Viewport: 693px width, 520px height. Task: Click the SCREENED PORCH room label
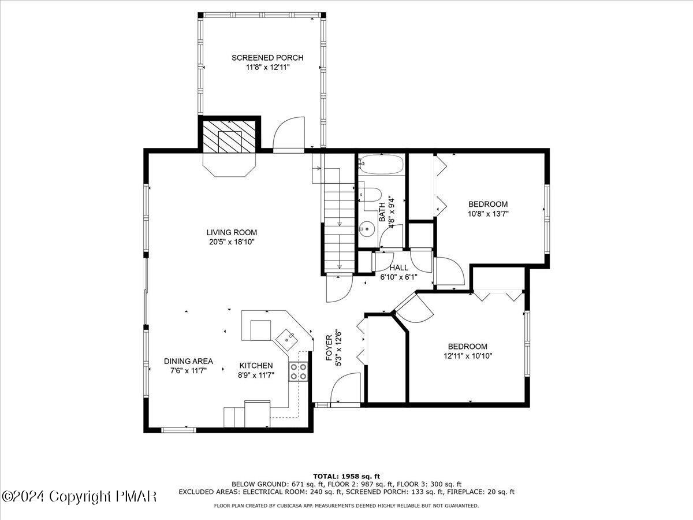point(267,58)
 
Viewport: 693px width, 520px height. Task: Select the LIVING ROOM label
point(232,232)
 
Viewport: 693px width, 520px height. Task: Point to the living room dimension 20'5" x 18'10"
point(232,242)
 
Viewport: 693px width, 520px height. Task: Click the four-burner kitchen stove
point(299,371)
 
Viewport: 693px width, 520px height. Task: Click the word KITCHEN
point(256,366)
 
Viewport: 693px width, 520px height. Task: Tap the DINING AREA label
point(188,361)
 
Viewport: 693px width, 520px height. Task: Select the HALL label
point(398,268)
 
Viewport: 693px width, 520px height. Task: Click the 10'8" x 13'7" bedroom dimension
point(488,213)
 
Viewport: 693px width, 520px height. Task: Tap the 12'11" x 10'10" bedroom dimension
point(468,356)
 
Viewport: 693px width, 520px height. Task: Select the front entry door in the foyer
point(346,390)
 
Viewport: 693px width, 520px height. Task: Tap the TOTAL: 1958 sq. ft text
point(346,476)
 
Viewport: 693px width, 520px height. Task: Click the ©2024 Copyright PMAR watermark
point(79,496)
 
